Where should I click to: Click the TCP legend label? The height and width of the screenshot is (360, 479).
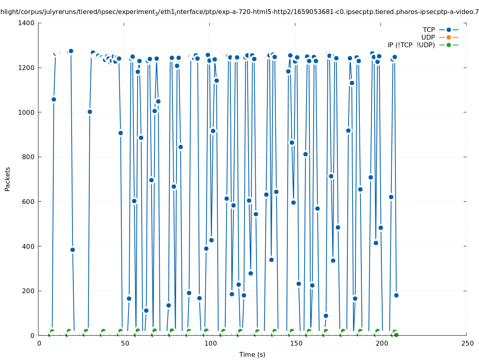point(429,30)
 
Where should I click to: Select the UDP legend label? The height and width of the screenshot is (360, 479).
point(428,37)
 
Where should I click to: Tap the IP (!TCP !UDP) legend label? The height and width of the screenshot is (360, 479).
point(411,45)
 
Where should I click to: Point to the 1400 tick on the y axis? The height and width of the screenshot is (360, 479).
point(28,23)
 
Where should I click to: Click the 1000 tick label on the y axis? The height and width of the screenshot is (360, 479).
point(28,112)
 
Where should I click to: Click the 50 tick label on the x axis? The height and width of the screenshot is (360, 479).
point(125,343)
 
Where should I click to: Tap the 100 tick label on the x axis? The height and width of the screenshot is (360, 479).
point(210,343)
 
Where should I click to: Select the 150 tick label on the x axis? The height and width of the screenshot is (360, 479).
point(296,343)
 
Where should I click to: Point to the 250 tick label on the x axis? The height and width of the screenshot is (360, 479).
point(467,343)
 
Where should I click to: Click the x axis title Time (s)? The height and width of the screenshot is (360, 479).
point(252,354)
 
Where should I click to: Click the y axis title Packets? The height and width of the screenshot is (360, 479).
point(8,179)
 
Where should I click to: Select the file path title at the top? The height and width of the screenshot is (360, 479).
point(239,12)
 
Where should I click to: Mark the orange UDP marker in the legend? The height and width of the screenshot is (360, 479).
point(449,37)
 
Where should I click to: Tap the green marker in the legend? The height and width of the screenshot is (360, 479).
point(449,45)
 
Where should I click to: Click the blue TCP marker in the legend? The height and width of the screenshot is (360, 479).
point(449,30)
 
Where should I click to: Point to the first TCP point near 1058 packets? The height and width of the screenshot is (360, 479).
point(54,99)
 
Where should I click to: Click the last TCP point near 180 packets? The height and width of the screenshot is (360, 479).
point(396,295)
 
